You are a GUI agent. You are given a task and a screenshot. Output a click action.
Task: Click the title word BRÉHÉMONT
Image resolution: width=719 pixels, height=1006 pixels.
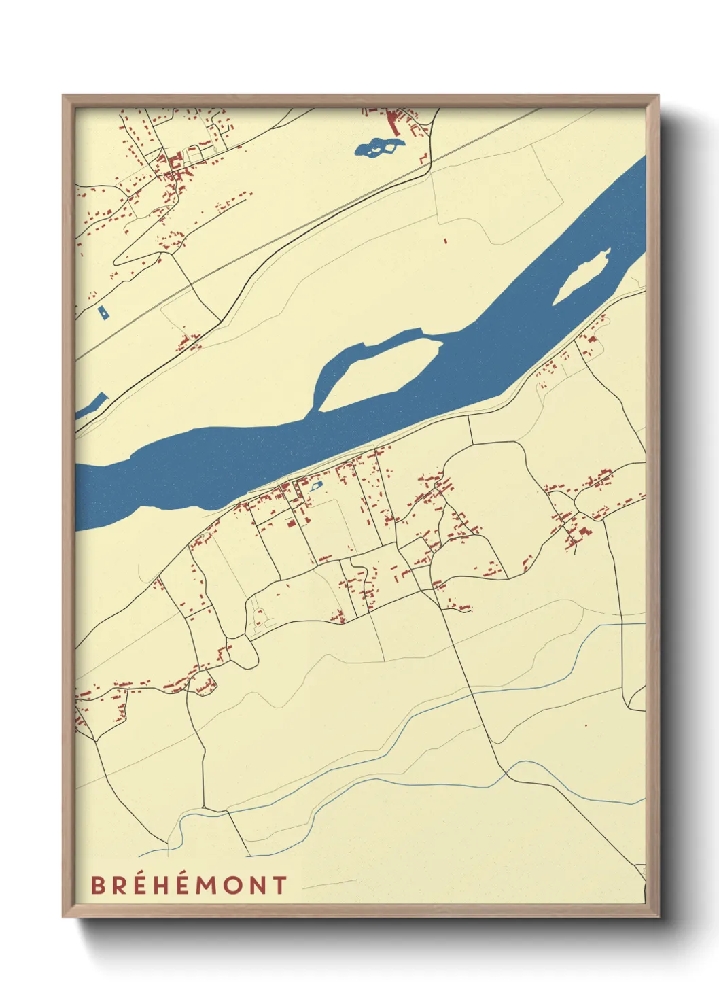(189, 885)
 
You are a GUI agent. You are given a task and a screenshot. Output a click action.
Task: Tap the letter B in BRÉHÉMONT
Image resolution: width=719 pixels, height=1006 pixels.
(98, 885)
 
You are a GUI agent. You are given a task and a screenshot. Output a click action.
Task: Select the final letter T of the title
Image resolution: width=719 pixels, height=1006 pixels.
(279, 885)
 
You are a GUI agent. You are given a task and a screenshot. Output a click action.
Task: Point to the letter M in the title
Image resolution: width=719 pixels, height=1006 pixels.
(213, 885)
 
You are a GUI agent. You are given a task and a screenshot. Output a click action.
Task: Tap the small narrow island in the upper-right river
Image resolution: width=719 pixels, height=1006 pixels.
(582, 278)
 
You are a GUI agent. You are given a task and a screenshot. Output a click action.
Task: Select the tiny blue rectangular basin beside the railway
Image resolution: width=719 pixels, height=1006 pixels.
(103, 312)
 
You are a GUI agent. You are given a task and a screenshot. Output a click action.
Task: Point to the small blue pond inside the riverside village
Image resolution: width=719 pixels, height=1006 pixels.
(315, 486)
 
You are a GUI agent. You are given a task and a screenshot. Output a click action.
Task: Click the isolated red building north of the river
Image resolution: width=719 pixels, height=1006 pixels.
(445, 240)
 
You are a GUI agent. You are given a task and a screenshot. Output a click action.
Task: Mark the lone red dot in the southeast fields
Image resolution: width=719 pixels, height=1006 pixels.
(586, 725)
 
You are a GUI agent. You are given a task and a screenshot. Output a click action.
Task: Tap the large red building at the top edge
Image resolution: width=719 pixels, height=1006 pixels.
(393, 123)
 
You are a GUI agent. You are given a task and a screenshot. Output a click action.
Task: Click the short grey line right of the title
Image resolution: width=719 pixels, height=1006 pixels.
(329, 884)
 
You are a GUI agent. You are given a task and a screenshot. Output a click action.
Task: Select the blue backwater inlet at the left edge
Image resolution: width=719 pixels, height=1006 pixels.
(92, 406)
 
